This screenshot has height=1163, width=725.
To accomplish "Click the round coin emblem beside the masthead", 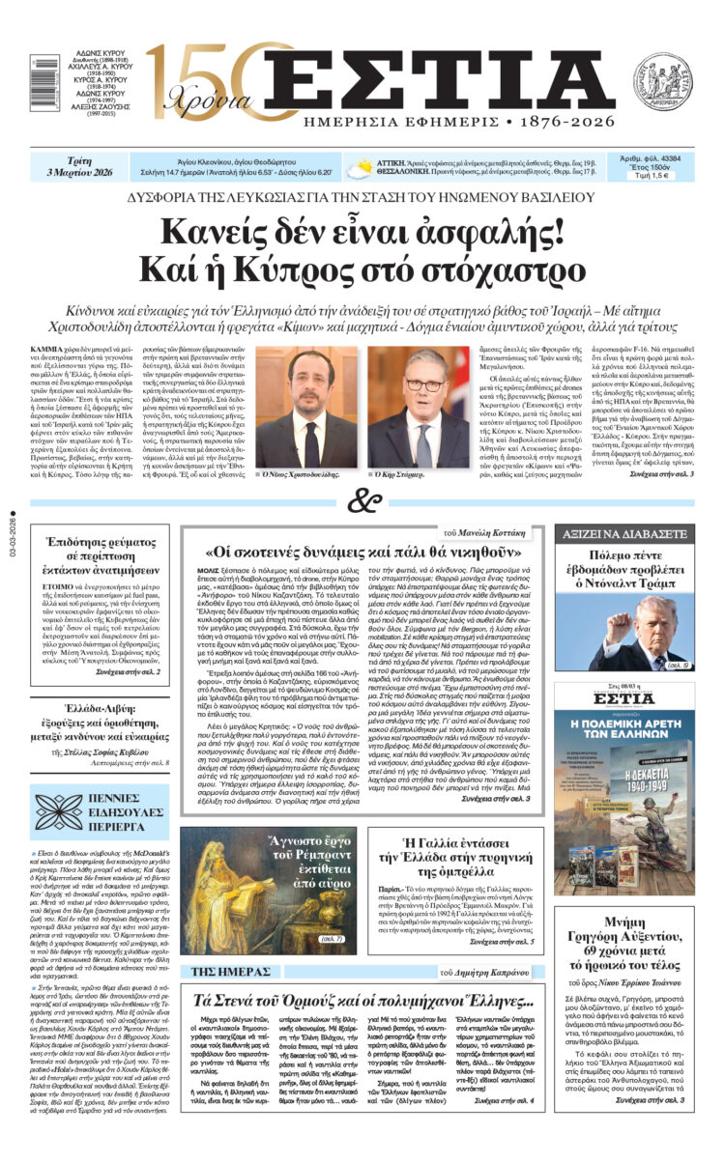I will pyautogui.click(x=662, y=80).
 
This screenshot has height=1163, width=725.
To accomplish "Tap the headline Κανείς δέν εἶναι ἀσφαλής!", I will pyautogui.click(x=362, y=233).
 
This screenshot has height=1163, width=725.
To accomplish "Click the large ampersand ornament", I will pyautogui.click(x=362, y=501).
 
